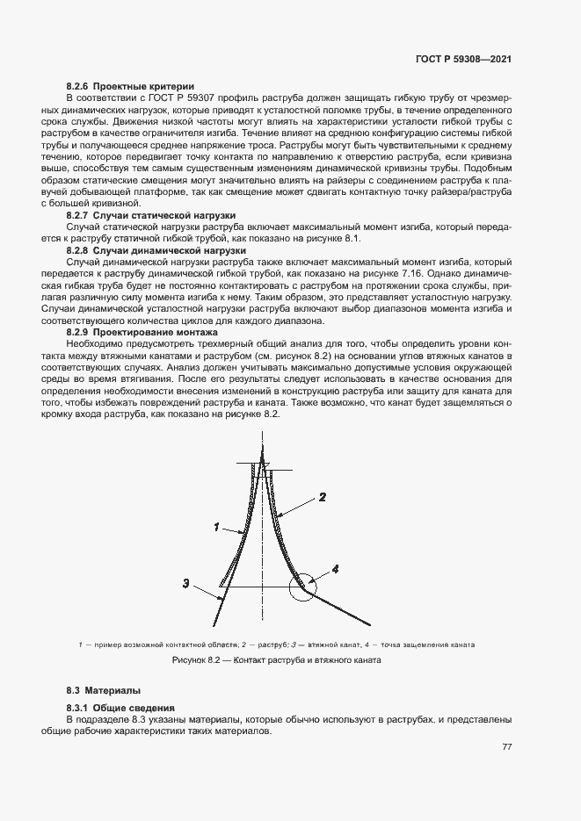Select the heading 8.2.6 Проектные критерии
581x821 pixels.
tap(130, 86)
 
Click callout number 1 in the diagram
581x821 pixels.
tap(216, 527)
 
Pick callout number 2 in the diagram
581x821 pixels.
tap(322, 497)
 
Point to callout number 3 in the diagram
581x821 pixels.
tap(186, 582)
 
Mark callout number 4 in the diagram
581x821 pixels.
tap(335, 569)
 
